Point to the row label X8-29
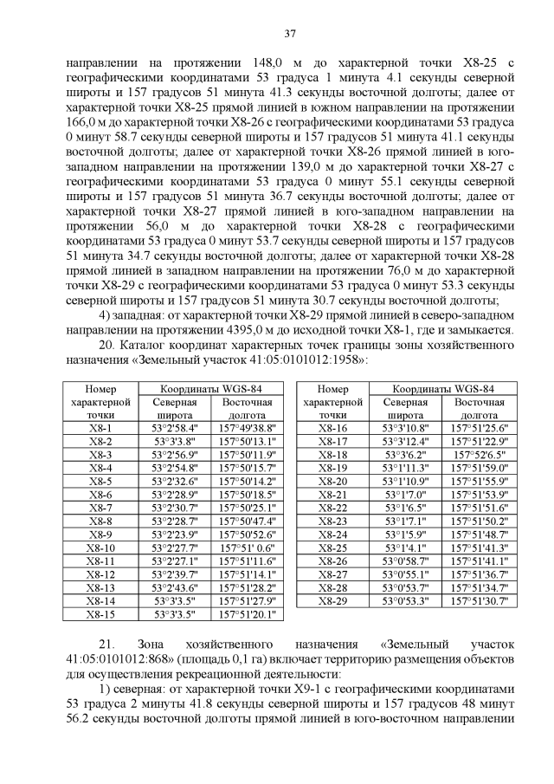point(332,601)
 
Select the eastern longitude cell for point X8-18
point(479,454)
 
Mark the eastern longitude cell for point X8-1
point(247,428)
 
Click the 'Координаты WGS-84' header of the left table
point(210,389)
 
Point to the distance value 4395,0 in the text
point(243,329)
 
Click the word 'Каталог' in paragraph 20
point(144,344)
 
